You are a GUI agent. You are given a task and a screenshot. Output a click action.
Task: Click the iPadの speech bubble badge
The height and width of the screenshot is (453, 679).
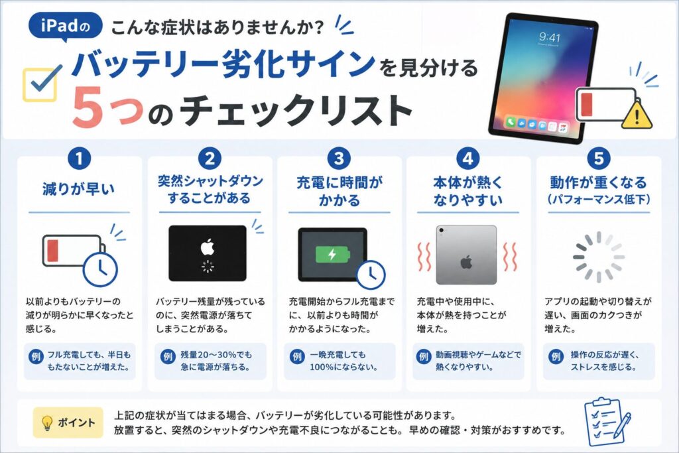(66, 27)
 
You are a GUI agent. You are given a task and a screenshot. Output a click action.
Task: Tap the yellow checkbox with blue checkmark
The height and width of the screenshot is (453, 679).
(40, 84)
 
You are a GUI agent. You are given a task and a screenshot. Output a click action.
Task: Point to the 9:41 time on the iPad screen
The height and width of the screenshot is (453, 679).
(550, 37)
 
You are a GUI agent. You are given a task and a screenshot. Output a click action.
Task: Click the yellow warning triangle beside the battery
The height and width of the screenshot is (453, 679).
(637, 114)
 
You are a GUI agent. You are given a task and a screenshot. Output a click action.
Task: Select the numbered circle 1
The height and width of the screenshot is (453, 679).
(80, 159)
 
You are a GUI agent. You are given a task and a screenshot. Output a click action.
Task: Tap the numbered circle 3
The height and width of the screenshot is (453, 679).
(339, 159)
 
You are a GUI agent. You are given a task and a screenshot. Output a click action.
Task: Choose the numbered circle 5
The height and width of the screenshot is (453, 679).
(599, 159)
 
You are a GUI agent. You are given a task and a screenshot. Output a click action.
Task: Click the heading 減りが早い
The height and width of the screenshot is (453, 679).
(79, 189)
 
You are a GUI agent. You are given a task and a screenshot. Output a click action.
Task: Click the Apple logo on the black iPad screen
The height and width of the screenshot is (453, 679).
(208, 247)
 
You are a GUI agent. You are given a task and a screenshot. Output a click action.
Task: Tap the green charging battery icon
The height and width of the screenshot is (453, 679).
(332, 254)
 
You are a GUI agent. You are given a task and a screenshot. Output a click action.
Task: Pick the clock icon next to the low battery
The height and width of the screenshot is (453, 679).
(100, 269)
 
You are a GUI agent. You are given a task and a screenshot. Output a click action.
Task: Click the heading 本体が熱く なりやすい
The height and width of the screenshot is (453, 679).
(468, 191)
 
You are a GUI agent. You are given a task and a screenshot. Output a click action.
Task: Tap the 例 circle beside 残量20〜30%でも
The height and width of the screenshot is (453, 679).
(168, 356)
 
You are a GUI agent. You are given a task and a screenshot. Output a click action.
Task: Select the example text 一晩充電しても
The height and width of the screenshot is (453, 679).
(338, 355)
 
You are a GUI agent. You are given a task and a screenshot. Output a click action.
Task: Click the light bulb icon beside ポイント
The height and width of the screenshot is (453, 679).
(47, 422)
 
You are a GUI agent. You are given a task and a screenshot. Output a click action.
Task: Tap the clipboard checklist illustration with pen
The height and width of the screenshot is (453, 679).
(607, 422)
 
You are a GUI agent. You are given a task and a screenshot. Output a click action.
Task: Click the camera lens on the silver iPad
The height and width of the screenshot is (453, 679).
(441, 230)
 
